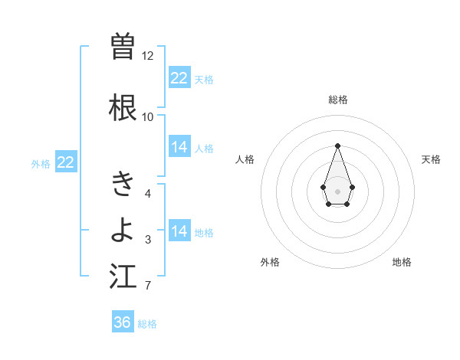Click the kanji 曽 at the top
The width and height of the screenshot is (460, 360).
123,47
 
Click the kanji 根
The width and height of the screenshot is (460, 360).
123,107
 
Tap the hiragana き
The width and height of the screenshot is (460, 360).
123,183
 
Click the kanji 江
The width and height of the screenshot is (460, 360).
123,277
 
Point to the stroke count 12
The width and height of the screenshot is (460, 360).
148,56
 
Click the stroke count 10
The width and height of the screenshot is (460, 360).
148,117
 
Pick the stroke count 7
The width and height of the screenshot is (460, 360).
148,286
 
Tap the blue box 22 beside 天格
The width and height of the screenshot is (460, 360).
179,78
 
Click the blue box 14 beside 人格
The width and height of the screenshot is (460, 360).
179,147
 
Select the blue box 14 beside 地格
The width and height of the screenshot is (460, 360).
179,231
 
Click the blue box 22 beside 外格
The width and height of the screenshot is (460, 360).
66,162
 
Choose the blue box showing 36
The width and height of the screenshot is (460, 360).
123,322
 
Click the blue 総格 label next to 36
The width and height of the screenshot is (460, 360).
147,324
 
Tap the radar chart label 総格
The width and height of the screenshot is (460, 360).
337,100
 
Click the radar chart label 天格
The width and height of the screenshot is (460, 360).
431,159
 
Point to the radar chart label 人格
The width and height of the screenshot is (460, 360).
245,159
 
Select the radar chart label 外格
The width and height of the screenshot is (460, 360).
270,262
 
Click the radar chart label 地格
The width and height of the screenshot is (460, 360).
402,262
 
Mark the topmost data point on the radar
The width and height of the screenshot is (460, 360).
337,146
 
